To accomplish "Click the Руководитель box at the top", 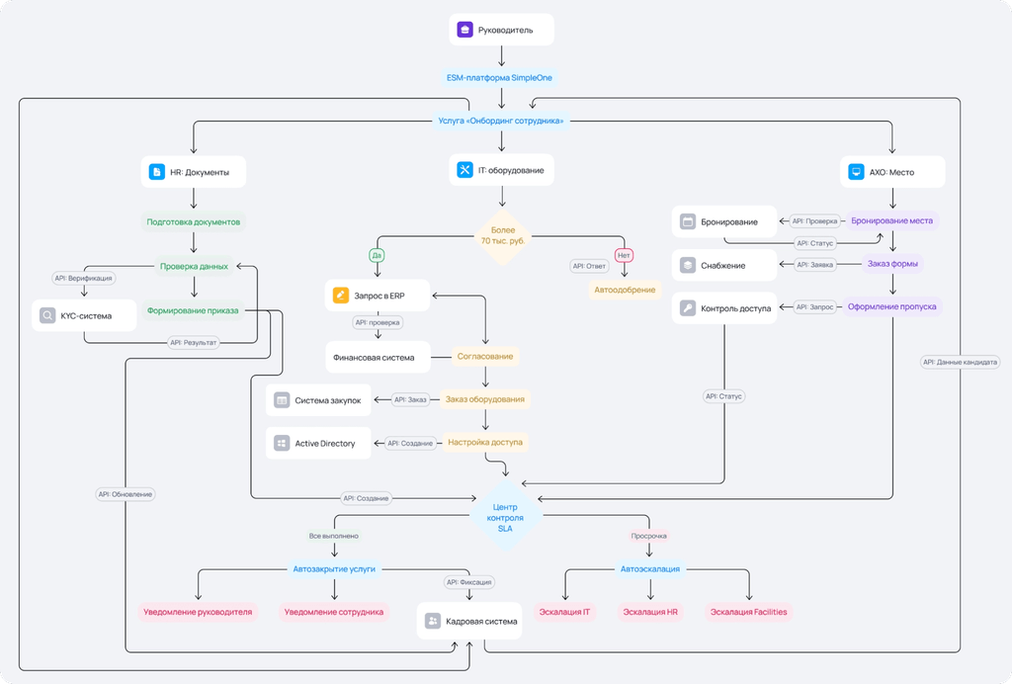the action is (501, 30).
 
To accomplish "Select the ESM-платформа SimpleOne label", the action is (499, 77).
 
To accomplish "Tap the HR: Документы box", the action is (194, 172).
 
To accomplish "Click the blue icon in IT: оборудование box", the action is (464, 170).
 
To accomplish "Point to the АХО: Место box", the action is (892, 172).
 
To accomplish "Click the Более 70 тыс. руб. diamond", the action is (503, 235).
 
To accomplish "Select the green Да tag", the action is (377, 256).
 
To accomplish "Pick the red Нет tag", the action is (625, 256).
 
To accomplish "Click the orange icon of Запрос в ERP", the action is (340, 296).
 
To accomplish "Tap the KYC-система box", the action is (84, 315).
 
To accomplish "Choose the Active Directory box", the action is (318, 443).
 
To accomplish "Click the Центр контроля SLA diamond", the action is (505, 518).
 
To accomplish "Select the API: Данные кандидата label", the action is (960, 362).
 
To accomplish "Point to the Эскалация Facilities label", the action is (749, 612).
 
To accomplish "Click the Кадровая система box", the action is (469, 622).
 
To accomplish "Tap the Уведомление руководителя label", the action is (198, 612).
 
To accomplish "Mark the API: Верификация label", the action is (83, 278).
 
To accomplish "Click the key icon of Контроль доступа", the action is (688, 308).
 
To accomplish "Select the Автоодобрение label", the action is (625, 290).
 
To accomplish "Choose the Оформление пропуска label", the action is (892, 306).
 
